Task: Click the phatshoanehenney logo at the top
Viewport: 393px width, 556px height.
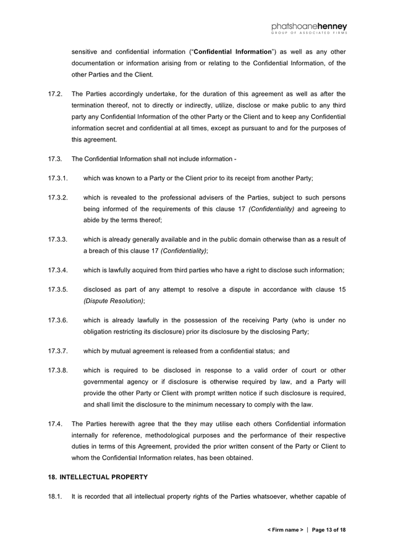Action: pyautogui.click(x=309, y=28)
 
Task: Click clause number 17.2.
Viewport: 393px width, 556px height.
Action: pyautogui.click(x=55, y=93)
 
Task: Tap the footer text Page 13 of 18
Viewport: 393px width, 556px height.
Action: pyautogui.click(x=329, y=530)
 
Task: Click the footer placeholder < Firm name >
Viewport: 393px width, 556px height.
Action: pyautogui.click(x=285, y=530)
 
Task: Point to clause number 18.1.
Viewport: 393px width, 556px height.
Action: pyautogui.click(x=55, y=496)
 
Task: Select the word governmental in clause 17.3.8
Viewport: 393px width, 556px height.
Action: pyautogui.click(x=104, y=382)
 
